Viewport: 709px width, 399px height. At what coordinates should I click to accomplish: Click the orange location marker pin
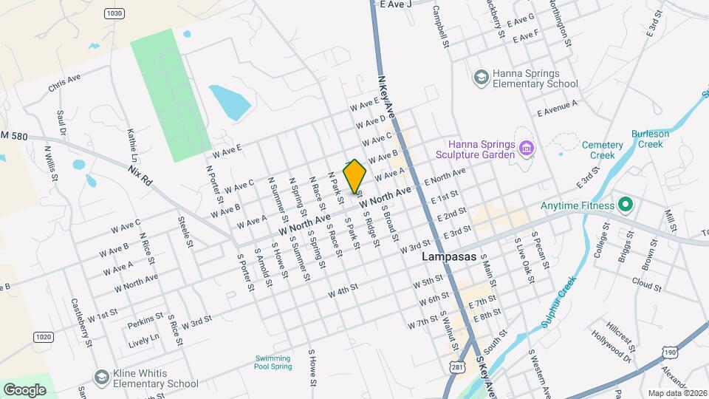coord(354,176)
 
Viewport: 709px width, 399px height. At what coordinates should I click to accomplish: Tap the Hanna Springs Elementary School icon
coord(481,78)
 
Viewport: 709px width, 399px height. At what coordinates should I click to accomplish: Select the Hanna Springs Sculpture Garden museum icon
coord(526,149)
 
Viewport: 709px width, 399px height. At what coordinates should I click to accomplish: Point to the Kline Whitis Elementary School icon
coord(101,378)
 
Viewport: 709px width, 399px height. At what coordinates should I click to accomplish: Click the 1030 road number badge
coord(114,13)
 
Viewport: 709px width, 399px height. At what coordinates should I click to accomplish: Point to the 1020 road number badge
coord(44,337)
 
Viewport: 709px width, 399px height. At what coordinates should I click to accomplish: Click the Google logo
coord(24,389)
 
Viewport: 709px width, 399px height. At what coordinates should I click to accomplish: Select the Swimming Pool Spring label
coord(273,362)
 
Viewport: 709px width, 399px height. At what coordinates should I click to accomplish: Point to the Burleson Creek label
coord(650,139)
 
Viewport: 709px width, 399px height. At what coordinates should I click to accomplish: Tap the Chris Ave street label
coord(64,83)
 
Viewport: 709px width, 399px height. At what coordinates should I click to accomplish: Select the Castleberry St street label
coord(81,322)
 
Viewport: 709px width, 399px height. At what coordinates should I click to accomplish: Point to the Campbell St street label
coord(441,27)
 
